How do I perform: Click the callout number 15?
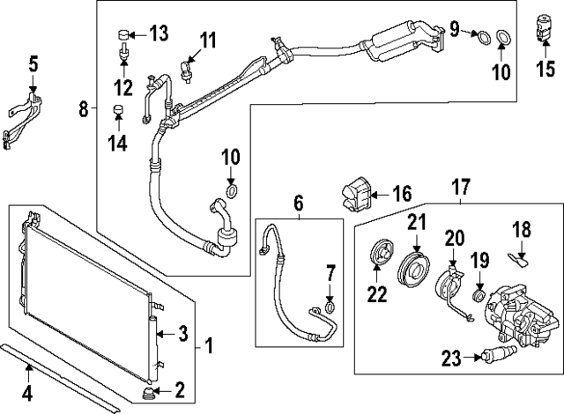[x=546, y=69]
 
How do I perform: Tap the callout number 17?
[x=461, y=187]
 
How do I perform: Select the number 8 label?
[x=84, y=109]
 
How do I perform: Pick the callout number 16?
[x=401, y=193]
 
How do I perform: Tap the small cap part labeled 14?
[x=116, y=110]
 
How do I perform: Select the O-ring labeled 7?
[x=329, y=307]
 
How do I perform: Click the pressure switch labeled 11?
[x=187, y=68]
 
